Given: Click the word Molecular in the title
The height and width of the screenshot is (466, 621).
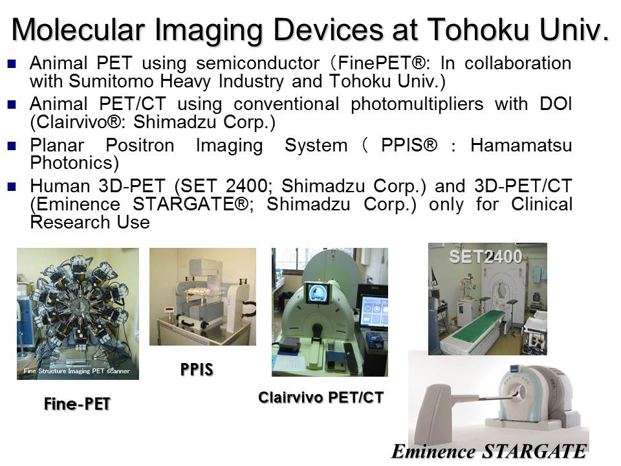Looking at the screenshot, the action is [78, 30].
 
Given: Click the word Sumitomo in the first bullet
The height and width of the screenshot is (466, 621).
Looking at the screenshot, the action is [111, 82].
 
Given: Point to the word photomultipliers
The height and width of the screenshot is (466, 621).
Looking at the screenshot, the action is [417, 105].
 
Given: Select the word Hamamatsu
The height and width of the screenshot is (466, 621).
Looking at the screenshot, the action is [521, 146].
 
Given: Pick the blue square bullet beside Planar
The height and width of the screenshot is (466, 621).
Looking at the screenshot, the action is [12, 146].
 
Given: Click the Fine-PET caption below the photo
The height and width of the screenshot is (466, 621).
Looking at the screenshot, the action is [77, 404].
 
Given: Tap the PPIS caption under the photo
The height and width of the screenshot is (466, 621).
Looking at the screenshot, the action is [197, 370].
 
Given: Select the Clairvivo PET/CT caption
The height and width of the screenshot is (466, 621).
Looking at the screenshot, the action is [321, 397].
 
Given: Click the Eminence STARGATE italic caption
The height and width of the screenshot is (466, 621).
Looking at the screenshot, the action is [489, 451].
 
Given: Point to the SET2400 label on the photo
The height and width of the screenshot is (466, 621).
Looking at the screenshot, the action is [486, 256].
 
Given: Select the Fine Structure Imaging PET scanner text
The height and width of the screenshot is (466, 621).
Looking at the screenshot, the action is [76, 371].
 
